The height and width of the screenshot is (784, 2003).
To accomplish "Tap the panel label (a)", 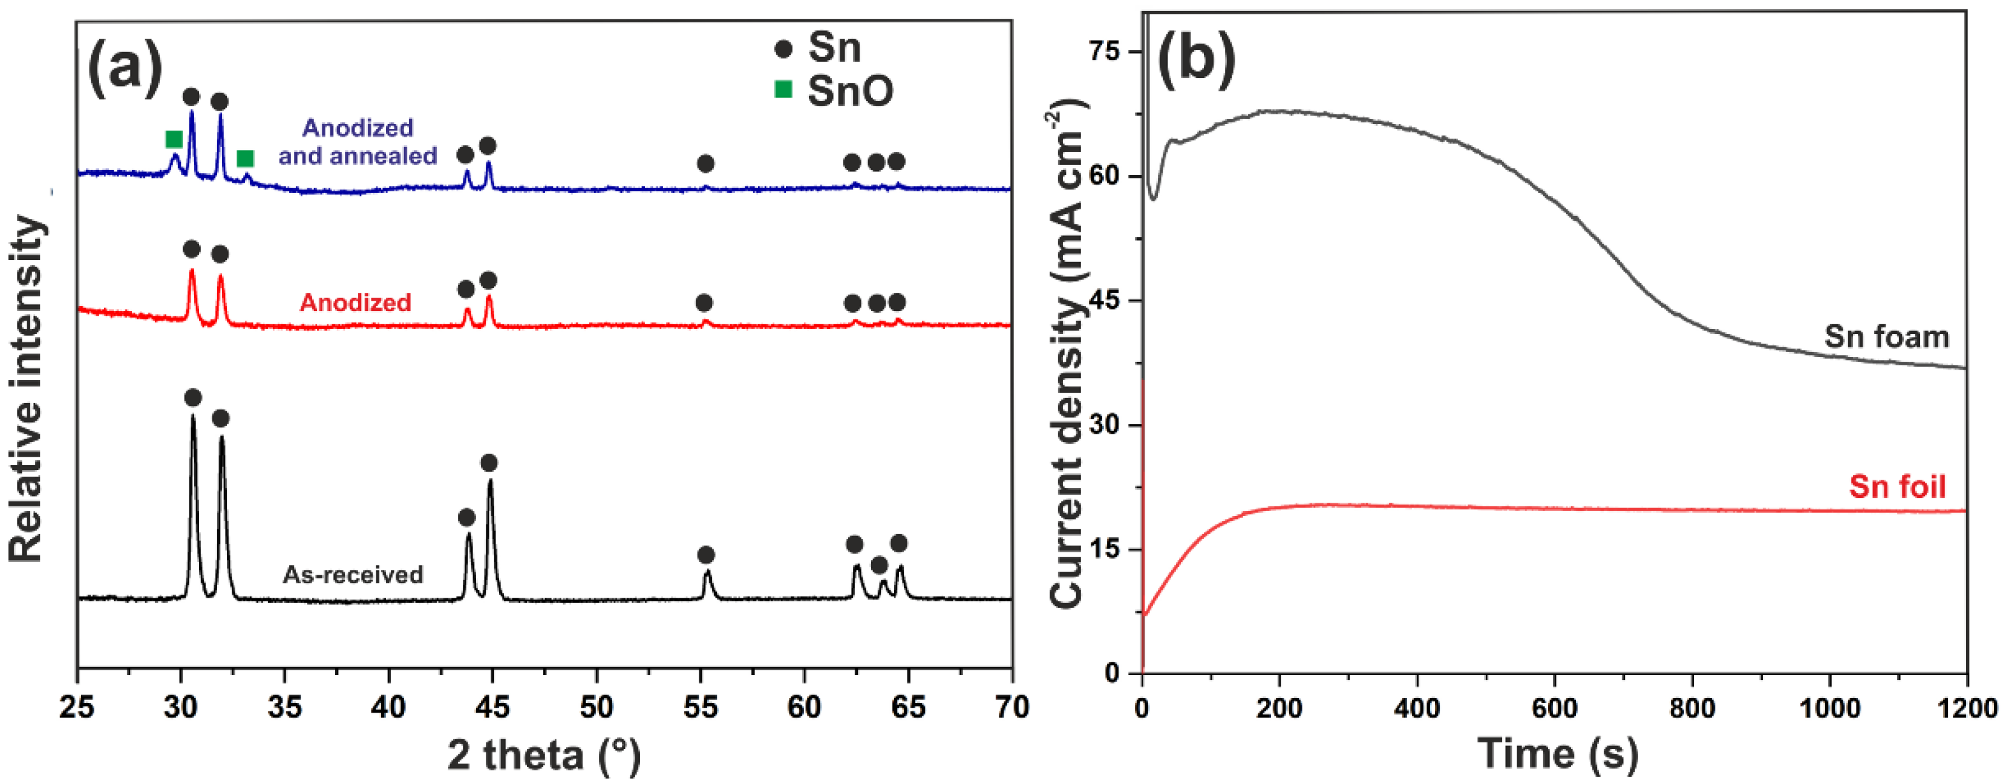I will (125, 68).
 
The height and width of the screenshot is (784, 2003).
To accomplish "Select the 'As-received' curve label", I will (353, 575).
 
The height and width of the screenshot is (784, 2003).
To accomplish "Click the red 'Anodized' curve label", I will (355, 302).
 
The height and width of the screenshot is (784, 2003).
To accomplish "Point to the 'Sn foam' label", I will (1886, 337).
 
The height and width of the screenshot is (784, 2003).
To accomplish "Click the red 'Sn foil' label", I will (1897, 487).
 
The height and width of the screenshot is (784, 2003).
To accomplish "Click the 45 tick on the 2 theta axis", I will (492, 707).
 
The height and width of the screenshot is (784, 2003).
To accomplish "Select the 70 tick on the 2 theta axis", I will (1011, 707).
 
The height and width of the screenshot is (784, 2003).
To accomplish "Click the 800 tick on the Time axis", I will (1692, 708).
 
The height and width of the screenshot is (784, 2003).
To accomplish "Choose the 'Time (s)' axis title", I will (1558, 754).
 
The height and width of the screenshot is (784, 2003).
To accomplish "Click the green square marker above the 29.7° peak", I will (174, 139).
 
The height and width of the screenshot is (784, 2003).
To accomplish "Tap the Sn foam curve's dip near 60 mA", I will (1154, 198).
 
